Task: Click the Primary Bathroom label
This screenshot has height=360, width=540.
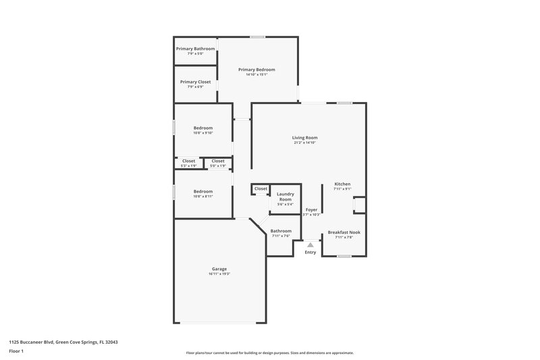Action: pos(195,49)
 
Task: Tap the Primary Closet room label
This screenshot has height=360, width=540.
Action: pos(195,82)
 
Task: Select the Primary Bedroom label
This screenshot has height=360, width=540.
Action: pos(256,70)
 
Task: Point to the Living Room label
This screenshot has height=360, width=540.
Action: pos(304,138)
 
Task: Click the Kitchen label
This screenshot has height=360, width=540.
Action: pos(342,184)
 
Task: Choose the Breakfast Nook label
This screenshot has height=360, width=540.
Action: pos(344,232)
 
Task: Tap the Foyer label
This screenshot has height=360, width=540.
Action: pos(311,210)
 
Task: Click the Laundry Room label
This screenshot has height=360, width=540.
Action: pos(285,197)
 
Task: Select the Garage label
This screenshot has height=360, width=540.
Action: pos(219,269)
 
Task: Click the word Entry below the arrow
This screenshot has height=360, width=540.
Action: pos(310,253)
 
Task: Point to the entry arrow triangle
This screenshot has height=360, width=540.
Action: pos(310,245)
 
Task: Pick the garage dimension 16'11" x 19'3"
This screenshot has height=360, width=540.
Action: pos(219,274)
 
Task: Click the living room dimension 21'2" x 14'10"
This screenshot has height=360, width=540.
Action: pos(304,143)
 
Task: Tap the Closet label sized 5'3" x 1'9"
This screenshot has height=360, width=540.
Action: pos(188,161)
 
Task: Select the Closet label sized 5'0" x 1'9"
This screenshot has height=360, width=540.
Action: pos(218,161)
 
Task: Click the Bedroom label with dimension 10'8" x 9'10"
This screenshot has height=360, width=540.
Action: pos(203,128)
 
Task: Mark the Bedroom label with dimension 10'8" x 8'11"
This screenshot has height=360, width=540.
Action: pos(203,192)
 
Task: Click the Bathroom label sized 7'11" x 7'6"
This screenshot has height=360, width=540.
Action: pos(281,231)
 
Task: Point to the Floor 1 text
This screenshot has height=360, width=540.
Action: pos(16,351)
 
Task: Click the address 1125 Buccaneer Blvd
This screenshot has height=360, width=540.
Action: pos(34,342)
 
